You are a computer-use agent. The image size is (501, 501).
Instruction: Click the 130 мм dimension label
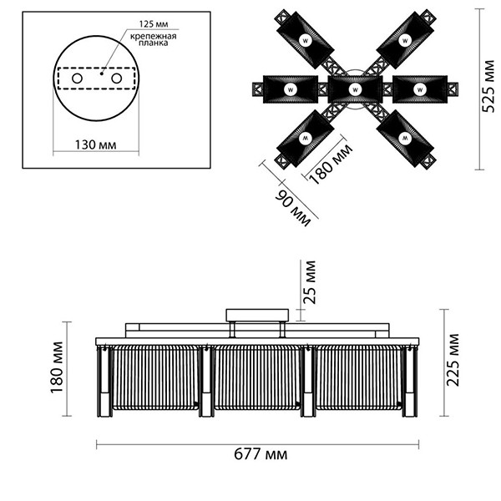click(x=95, y=144)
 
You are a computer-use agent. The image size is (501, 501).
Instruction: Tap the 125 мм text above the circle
click(x=154, y=24)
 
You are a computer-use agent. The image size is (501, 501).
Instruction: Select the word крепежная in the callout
click(x=154, y=36)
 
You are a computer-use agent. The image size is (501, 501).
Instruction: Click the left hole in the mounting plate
click(x=77, y=78)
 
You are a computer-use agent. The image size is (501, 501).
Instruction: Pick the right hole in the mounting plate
click(x=116, y=78)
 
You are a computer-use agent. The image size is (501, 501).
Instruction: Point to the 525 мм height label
click(x=488, y=86)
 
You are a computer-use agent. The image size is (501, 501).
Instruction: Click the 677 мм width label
click(x=261, y=454)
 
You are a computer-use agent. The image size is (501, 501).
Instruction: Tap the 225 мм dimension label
click(x=453, y=360)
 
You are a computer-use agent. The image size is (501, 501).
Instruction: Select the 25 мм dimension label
click(x=310, y=282)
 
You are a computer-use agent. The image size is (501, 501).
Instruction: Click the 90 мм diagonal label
click(x=293, y=208)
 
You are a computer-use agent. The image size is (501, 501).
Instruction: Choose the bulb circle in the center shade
click(x=355, y=90)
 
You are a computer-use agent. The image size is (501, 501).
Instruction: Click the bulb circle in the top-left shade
click(x=305, y=41)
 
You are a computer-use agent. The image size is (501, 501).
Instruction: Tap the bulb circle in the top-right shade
click(x=405, y=41)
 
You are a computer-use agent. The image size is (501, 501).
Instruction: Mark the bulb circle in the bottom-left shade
click(x=305, y=138)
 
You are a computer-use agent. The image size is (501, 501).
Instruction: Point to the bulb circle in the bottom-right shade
click(x=405, y=138)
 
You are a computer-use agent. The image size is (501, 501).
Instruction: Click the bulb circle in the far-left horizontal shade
click(x=291, y=90)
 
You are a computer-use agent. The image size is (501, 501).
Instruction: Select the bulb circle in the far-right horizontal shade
click(x=419, y=90)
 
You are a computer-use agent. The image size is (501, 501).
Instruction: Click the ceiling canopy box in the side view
click(x=257, y=315)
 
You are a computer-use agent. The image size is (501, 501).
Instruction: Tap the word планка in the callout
click(x=154, y=43)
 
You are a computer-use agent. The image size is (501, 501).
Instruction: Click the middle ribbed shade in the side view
click(x=256, y=377)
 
